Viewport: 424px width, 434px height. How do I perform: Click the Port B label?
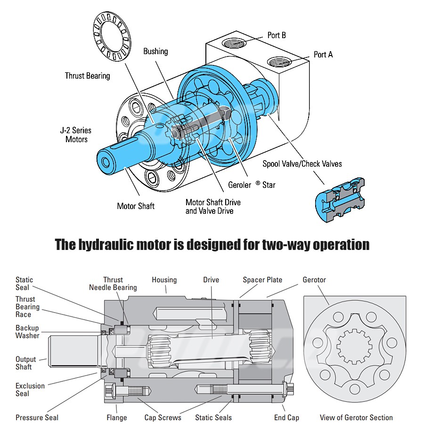coord(277,35)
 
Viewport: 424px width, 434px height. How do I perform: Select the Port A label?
coord(323,55)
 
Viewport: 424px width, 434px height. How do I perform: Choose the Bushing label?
coord(155,51)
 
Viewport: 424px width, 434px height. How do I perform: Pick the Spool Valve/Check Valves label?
coord(302,164)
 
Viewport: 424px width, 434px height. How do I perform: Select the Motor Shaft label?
coord(136,206)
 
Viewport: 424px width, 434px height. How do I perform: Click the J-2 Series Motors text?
coord(76,135)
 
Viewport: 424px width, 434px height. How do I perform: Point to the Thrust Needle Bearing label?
coord(113,283)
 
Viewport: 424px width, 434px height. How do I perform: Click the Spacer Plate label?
coord(262,280)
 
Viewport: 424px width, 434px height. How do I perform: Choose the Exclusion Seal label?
coord(30,390)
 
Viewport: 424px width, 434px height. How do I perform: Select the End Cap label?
coord(286,418)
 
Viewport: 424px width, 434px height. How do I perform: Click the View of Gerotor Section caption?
coord(356,418)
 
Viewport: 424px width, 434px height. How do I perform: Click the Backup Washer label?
coord(27,332)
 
